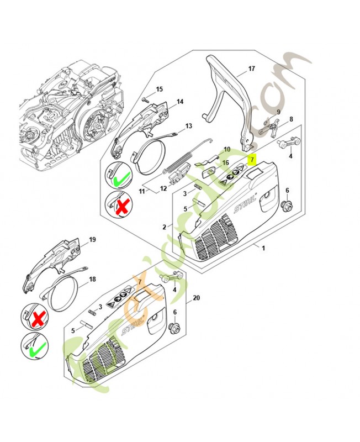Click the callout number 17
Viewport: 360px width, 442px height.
(x=252, y=69)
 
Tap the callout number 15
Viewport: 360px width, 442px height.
(x=159, y=89)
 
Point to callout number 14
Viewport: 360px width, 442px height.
(x=179, y=102)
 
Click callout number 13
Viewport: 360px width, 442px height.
(x=188, y=126)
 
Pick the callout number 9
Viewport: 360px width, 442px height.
(x=278, y=112)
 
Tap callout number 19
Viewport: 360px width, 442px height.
(x=92, y=239)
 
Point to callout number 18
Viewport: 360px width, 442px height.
(x=92, y=280)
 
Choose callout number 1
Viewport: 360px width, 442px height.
(x=263, y=248)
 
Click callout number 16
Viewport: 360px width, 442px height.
(x=225, y=163)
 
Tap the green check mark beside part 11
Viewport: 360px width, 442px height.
(x=121, y=178)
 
